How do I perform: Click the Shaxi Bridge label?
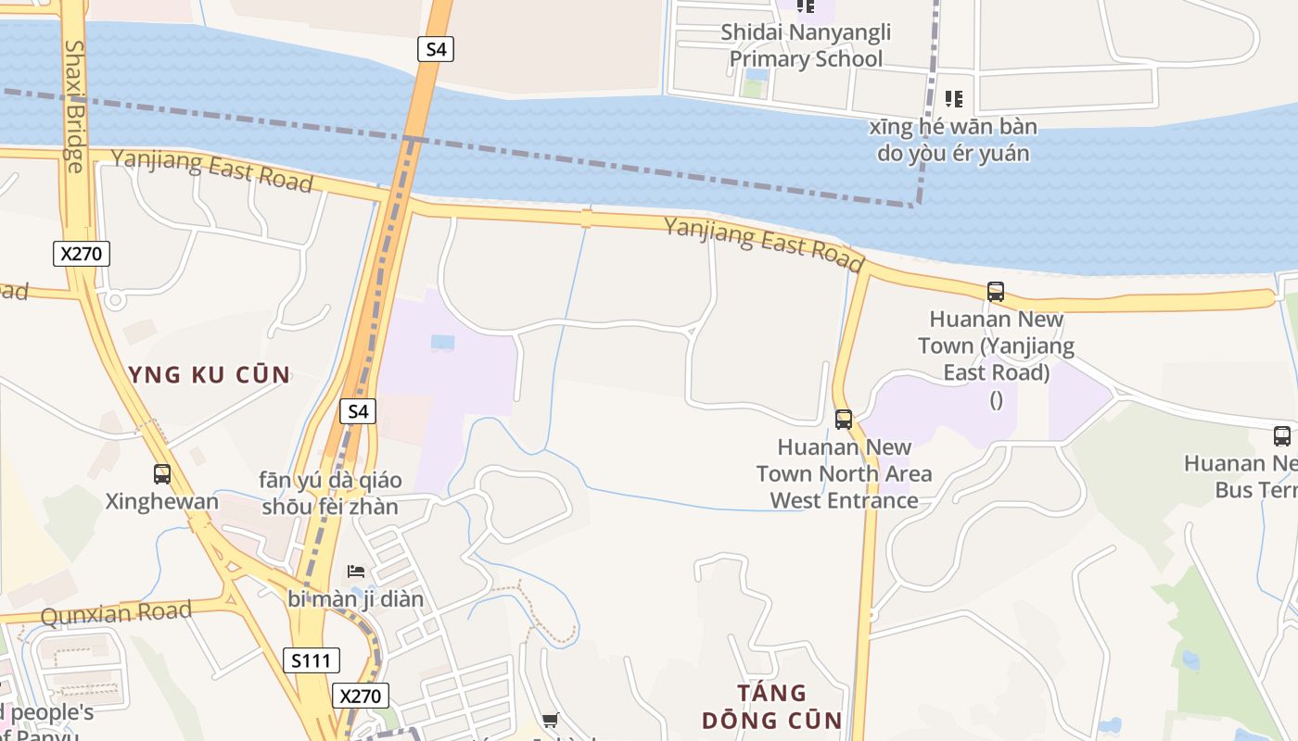pyautogui.click(x=74, y=106)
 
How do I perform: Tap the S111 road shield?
pyautogui.click(x=312, y=660)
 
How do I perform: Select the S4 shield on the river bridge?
pyautogui.click(x=435, y=48)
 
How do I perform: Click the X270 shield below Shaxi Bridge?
pyautogui.click(x=82, y=253)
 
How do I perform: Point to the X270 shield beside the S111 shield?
pyautogui.click(x=361, y=696)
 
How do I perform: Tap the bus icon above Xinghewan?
pyautogui.click(x=162, y=474)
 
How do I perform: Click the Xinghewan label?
pyautogui.click(x=162, y=502)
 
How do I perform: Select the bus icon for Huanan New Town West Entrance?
pyautogui.click(x=844, y=419)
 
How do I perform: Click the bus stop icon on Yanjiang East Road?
pyautogui.click(x=996, y=292)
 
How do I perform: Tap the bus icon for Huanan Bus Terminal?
pyautogui.click(x=1282, y=435)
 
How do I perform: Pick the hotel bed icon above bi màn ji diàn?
pyautogui.click(x=356, y=571)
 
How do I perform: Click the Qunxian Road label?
pyautogui.click(x=117, y=612)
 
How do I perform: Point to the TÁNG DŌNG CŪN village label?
pyautogui.click(x=771, y=707)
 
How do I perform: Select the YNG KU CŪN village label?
pyautogui.click(x=210, y=375)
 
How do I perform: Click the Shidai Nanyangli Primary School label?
pyautogui.click(x=806, y=45)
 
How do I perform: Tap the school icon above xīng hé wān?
pyautogui.click(x=953, y=98)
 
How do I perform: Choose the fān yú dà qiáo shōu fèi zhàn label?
pyautogui.click(x=331, y=494)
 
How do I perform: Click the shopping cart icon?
pyautogui.click(x=550, y=720)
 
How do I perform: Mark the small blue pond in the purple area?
pyautogui.click(x=443, y=343)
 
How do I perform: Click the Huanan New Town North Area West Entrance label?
pyautogui.click(x=844, y=473)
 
